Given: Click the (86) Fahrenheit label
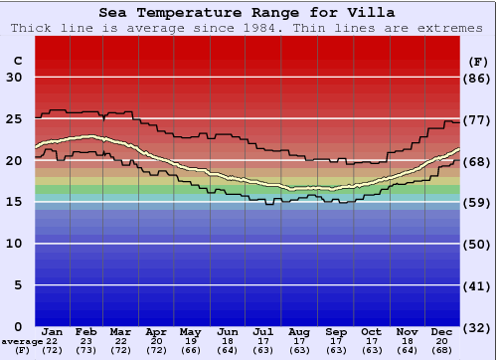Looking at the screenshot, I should point(477,78).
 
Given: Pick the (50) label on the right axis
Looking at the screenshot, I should point(477,244).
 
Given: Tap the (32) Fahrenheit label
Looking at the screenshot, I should point(477,326).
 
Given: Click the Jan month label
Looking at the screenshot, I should point(53,331).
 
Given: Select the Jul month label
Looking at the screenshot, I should point(262,331).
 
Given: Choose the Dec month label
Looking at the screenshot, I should point(442,331).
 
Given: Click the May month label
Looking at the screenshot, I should point(190,331).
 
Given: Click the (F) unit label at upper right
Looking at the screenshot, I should point(477,61).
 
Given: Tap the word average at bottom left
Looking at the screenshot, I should point(21,341).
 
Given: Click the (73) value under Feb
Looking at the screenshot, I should point(86,351).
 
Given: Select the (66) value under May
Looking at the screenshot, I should point(190,351).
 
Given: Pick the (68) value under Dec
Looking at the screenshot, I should point(442,351).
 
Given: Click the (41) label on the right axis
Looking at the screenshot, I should point(477,285).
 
